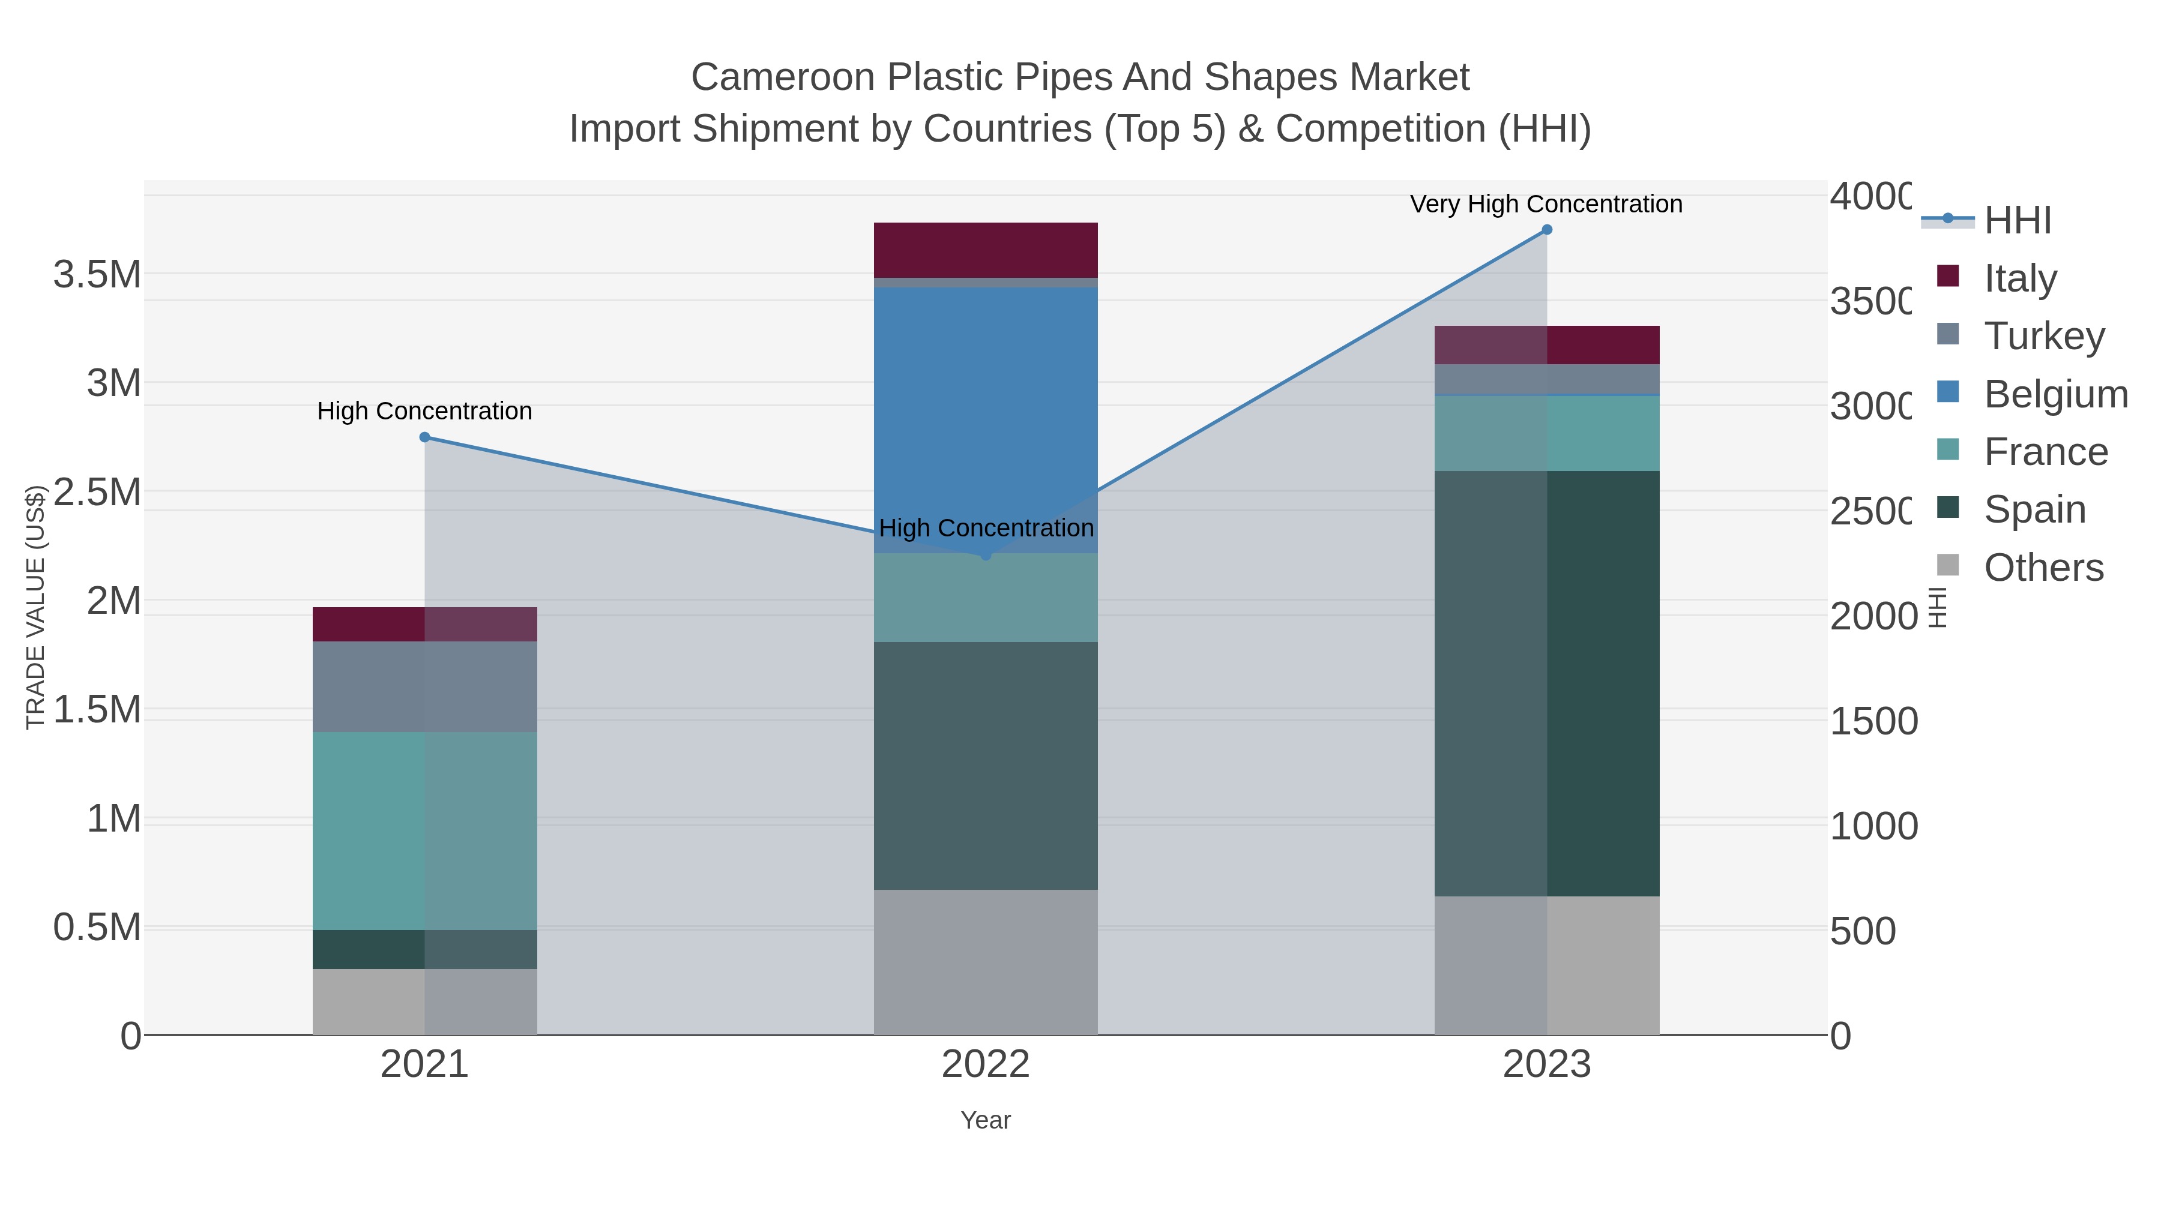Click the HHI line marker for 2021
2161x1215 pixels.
tap(424, 437)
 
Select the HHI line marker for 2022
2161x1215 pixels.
tap(986, 555)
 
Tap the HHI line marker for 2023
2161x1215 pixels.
tap(1547, 230)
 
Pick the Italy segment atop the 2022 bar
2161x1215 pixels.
tap(986, 250)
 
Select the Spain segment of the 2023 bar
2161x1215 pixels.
tap(1547, 683)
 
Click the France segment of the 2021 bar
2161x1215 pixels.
tap(424, 830)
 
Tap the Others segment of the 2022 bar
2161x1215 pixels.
tap(986, 962)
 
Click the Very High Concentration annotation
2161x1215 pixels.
tap(1546, 204)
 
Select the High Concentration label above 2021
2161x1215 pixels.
tap(424, 411)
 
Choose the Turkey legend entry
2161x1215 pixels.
tap(2043, 336)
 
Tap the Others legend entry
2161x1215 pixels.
tap(2043, 568)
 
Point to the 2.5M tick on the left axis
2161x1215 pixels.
tap(97, 492)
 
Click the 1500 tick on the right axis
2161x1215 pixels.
tap(1873, 721)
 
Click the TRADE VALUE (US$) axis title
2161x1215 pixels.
tap(35, 607)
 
